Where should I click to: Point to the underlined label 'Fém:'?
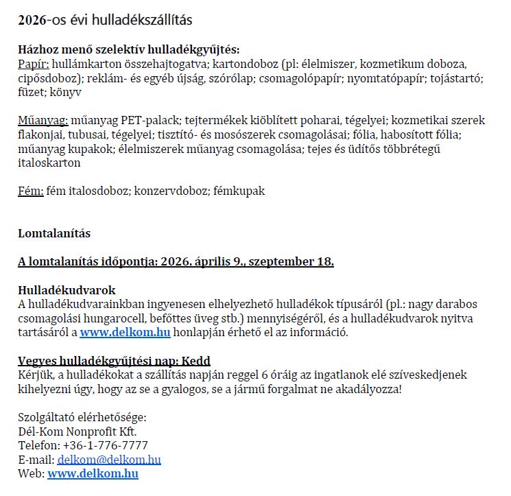click(x=31, y=191)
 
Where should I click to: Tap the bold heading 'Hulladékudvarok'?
click(x=67, y=290)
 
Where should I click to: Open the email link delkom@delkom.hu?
click(x=109, y=460)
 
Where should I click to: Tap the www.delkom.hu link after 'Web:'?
click(x=93, y=473)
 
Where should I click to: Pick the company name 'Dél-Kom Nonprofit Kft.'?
click(x=78, y=432)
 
